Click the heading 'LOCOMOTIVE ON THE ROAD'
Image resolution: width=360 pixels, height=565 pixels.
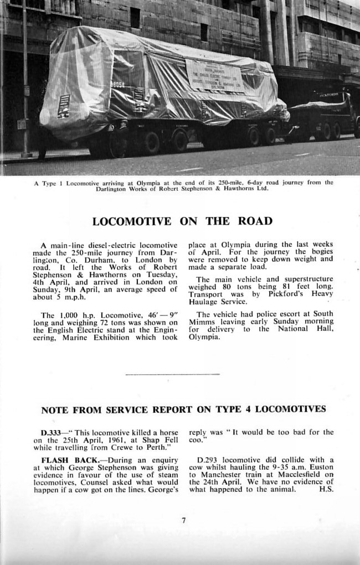coord(182,221)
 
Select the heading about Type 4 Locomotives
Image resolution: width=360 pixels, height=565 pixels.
coord(183,410)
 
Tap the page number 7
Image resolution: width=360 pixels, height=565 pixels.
coord(183,520)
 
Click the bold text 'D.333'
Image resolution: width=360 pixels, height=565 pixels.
coord(50,432)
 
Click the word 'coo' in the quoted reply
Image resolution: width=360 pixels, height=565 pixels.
coord(195,440)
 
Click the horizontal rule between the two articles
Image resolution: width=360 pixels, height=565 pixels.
coord(172,375)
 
